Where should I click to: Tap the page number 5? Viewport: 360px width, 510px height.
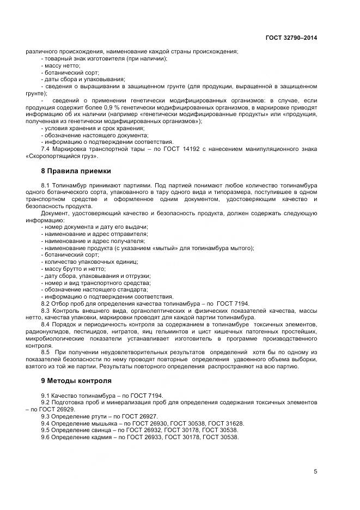pyautogui.click(x=315, y=471)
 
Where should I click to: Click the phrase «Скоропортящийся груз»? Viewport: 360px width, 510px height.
pyautogui.click(x=62, y=156)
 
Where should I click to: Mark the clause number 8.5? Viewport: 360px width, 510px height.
pyautogui.click(x=46, y=353)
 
